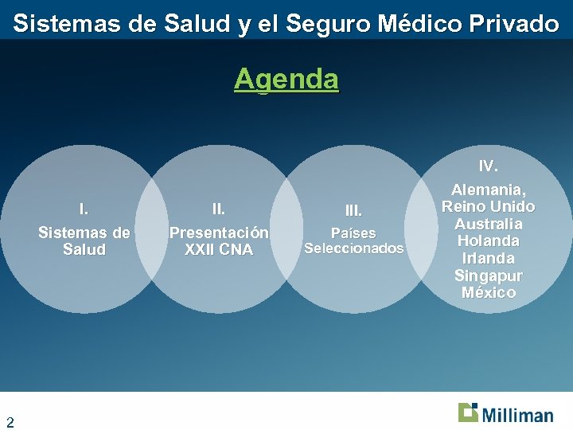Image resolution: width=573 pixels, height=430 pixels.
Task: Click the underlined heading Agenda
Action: click(286, 79)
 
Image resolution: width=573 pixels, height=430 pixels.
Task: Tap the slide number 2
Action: click(10, 421)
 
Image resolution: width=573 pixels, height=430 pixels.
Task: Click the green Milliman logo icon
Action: click(468, 412)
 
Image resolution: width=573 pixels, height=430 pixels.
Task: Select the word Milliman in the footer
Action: click(516, 415)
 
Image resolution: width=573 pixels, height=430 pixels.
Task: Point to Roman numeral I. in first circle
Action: click(84, 209)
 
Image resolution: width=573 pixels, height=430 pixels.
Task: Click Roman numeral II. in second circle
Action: click(218, 209)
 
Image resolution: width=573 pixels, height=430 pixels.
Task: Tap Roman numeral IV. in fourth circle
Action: click(488, 166)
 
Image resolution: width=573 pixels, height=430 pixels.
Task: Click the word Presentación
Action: click(218, 233)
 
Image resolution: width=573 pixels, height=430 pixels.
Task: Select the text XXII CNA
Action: click(218, 250)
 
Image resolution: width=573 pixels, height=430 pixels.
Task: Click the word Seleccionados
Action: click(353, 248)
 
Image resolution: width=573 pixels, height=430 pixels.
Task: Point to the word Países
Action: click(353, 233)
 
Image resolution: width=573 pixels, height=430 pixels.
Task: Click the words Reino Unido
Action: click(488, 207)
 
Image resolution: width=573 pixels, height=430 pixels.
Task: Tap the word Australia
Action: click(488, 224)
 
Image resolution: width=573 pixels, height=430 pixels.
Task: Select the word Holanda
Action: click(488, 240)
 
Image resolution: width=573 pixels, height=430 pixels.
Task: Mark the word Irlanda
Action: click(488, 258)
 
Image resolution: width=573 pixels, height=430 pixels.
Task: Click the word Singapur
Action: click(488, 276)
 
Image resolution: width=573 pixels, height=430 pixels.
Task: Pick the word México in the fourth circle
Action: click(488, 292)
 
